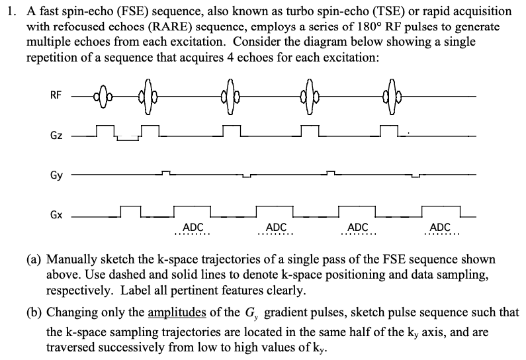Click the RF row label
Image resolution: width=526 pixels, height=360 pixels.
tap(56, 96)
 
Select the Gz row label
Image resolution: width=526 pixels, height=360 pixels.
tap(56, 136)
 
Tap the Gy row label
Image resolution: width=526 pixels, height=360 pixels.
tap(56, 176)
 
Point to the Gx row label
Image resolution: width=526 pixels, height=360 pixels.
tap(56, 216)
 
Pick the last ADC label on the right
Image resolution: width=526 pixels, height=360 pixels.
tap(440, 227)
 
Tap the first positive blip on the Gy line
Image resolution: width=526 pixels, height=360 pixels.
tap(166, 173)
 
